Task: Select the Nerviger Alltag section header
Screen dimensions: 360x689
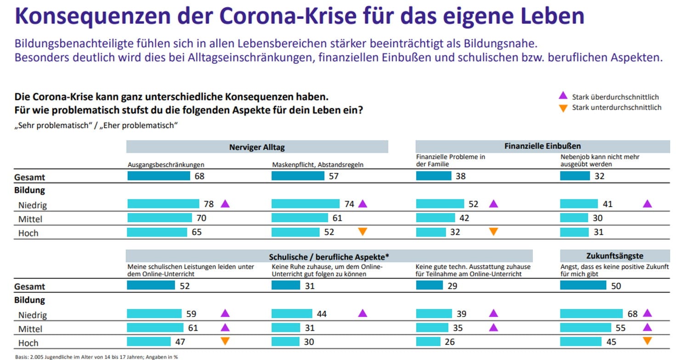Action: click(257, 147)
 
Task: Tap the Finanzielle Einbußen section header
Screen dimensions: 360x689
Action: click(542, 146)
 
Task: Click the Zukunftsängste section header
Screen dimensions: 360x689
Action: click(615, 256)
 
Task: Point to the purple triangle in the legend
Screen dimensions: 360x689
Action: click(563, 96)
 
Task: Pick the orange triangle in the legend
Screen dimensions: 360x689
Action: click(563, 108)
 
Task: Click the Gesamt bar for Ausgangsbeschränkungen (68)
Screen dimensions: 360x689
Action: click(158, 176)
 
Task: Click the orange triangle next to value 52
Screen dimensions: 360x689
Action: click(362, 231)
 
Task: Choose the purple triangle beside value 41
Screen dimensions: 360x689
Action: click(647, 203)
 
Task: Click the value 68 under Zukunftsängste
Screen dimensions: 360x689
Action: click(633, 314)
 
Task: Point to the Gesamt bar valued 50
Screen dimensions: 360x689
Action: click(583, 286)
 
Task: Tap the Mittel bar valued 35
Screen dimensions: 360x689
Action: click(432, 328)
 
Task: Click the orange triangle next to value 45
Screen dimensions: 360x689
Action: click(647, 341)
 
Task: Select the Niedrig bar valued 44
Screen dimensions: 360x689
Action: click(292, 314)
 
